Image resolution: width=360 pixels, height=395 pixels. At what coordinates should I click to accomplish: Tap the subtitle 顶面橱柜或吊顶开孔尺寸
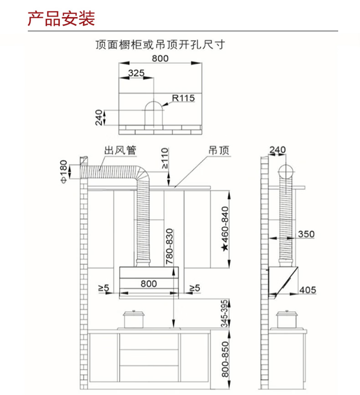point(160,45)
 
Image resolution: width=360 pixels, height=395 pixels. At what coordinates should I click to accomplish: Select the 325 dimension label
point(136,73)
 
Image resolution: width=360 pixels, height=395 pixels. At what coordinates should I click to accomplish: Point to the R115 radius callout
point(183,98)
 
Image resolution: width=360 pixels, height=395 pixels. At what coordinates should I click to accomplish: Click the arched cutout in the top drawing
point(154,114)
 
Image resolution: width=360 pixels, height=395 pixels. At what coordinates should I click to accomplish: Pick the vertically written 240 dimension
point(99,117)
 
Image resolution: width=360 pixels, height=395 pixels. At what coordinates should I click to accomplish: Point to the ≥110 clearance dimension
point(165,159)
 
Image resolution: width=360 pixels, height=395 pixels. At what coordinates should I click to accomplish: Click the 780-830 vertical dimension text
point(169,246)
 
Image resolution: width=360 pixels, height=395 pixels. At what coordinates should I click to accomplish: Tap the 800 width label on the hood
point(149,283)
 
